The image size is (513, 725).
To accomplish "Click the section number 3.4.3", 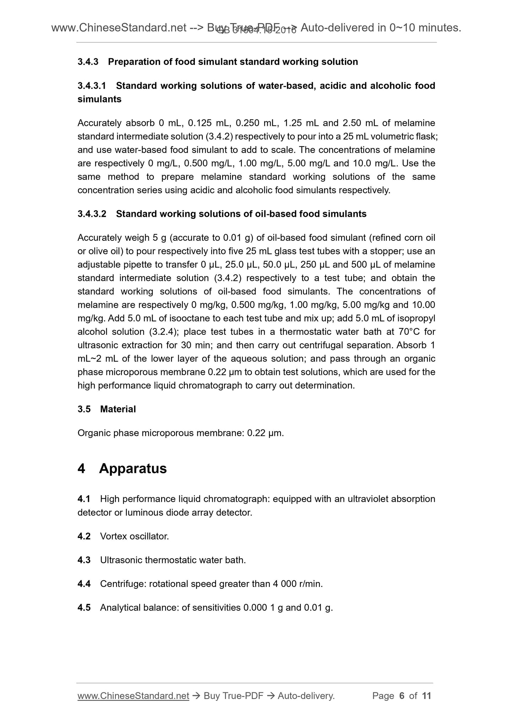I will [x=88, y=62].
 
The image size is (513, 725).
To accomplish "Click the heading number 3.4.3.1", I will [x=92, y=86].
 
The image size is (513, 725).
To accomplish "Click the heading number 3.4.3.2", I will [x=92, y=214].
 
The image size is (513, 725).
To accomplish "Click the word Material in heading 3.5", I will [x=118, y=409].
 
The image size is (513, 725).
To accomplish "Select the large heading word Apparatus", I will [x=133, y=469].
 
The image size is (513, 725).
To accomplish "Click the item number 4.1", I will [x=84, y=499].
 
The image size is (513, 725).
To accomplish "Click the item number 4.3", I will [x=84, y=560].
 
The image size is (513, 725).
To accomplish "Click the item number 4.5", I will [x=84, y=608].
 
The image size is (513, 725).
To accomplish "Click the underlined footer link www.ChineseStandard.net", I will [x=133, y=696].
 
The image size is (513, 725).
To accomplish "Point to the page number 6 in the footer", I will [x=402, y=696].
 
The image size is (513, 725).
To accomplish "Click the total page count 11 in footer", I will [x=426, y=696].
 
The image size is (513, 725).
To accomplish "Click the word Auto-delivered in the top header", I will [x=341, y=28].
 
